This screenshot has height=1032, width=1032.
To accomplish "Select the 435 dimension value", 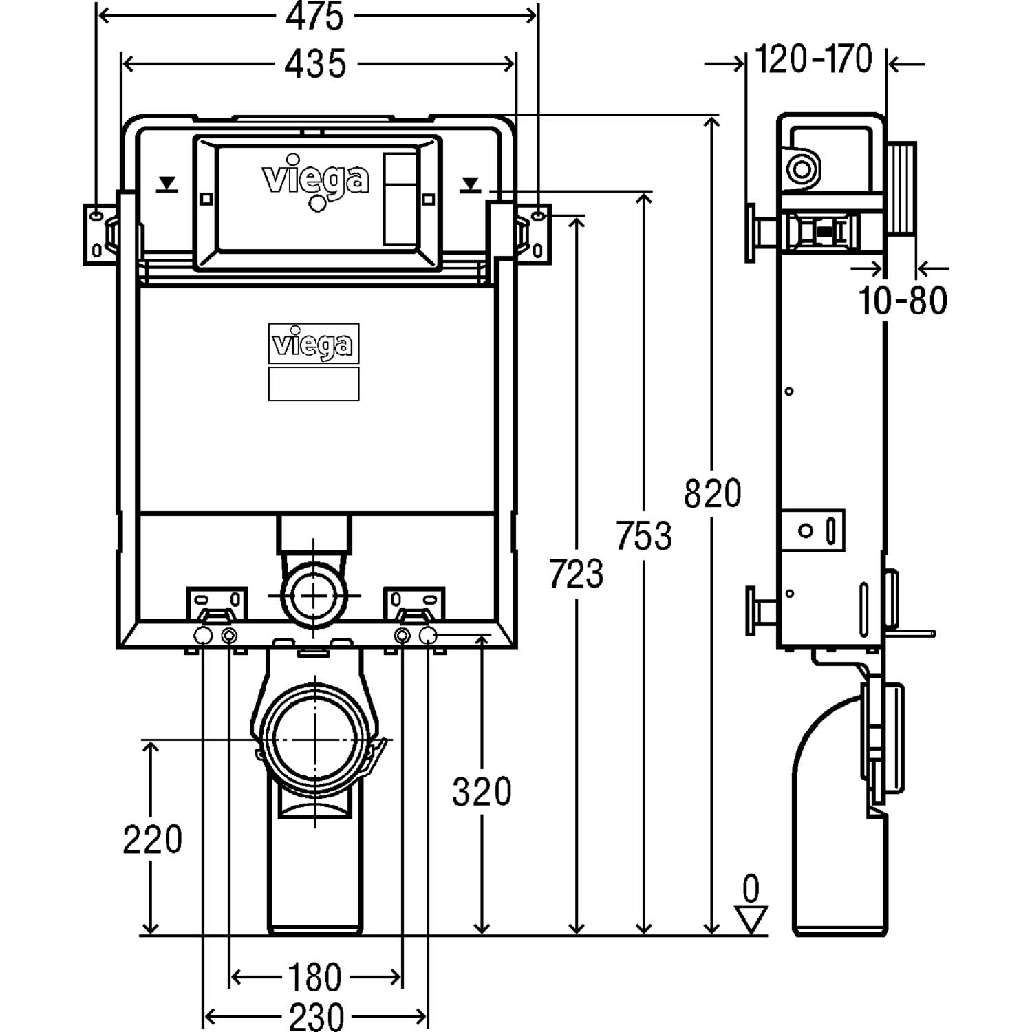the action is pyautogui.click(x=316, y=64).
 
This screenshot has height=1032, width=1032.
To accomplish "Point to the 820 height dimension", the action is pyautogui.click(x=713, y=493).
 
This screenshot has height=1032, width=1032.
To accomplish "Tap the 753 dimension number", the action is pyautogui.click(x=644, y=536).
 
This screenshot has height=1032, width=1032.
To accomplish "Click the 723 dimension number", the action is pyautogui.click(x=577, y=574).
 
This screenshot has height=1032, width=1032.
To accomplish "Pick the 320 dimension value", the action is pyautogui.click(x=482, y=792).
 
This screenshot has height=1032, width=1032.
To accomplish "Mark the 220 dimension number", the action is pyautogui.click(x=152, y=839).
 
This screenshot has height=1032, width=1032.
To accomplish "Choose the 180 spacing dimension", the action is pyautogui.click(x=315, y=977).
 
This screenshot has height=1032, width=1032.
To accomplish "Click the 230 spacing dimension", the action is pyautogui.click(x=316, y=1016).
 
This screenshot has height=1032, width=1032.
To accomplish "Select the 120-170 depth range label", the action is pyautogui.click(x=815, y=59).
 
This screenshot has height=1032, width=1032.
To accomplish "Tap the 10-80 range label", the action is pyautogui.click(x=903, y=300).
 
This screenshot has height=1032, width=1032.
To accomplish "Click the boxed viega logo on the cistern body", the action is pyautogui.click(x=314, y=343).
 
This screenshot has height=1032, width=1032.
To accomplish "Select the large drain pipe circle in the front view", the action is pyautogui.click(x=314, y=738).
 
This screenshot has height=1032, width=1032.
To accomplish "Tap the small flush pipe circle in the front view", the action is pyautogui.click(x=314, y=593).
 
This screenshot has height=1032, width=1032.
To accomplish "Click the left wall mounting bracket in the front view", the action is pyautogui.click(x=100, y=234).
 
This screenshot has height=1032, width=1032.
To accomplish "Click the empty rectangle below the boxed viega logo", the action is pyautogui.click(x=314, y=383).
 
